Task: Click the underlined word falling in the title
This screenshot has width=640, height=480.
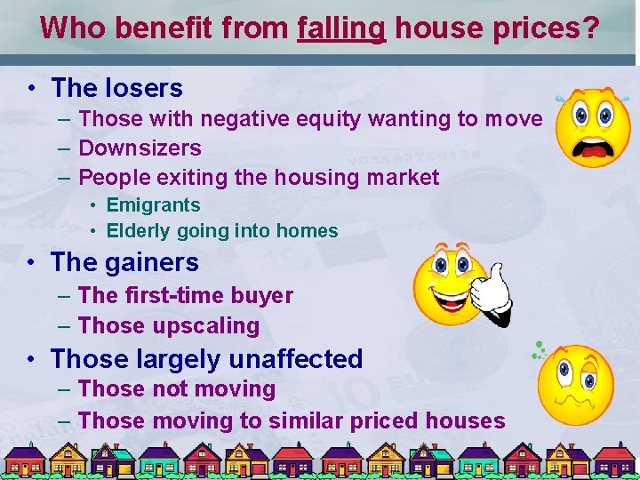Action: tap(341, 28)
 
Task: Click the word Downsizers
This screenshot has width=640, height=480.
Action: tap(140, 148)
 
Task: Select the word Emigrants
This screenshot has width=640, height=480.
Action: tap(153, 204)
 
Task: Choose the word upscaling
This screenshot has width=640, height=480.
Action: tap(206, 326)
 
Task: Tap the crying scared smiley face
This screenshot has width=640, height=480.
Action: tap(593, 127)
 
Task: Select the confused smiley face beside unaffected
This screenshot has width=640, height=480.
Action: tap(575, 384)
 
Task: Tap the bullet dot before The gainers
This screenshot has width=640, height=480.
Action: tap(31, 263)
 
